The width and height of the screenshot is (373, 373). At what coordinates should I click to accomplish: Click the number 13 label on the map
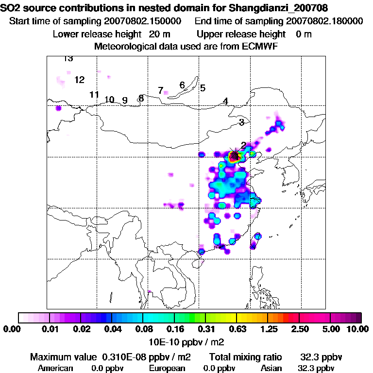(x=68, y=59)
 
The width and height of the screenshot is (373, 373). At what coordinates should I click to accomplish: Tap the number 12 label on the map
(x=80, y=80)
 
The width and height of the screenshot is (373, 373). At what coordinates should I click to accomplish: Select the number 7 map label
(x=160, y=90)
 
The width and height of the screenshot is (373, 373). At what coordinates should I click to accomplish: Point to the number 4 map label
(x=225, y=101)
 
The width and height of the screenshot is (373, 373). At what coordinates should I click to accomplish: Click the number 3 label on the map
(x=241, y=122)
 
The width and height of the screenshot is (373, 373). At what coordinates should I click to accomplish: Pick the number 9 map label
(x=125, y=101)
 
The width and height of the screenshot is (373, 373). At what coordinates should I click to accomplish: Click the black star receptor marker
(x=235, y=155)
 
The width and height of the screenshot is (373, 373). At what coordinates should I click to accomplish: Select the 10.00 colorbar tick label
(x=358, y=329)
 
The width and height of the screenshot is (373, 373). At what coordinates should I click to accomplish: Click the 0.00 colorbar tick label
(x=10, y=329)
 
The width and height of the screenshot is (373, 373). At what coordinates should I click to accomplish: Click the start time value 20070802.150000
(x=143, y=21)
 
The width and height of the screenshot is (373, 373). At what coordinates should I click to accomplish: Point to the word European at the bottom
(x=168, y=368)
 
